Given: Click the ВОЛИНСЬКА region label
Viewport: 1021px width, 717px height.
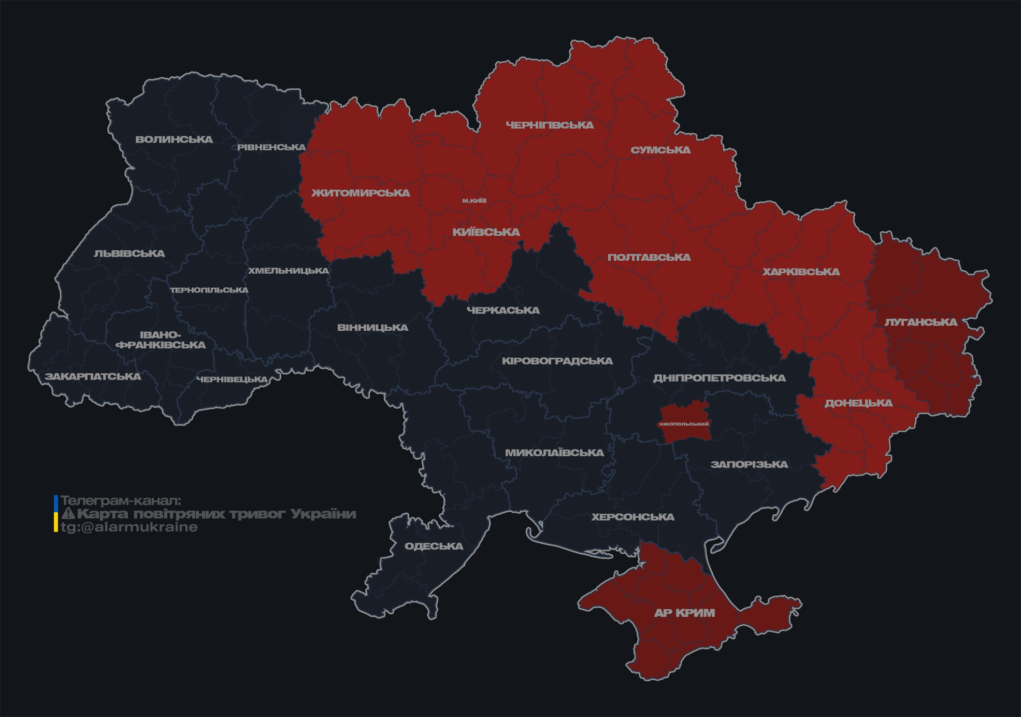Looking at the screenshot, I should pyautogui.click(x=174, y=139).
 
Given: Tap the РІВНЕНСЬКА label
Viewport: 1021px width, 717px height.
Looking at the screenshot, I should pyautogui.click(x=271, y=147).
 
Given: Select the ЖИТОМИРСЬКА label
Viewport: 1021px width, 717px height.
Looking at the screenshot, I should pyautogui.click(x=361, y=193).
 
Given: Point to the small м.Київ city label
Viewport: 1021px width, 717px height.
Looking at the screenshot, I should pyautogui.click(x=474, y=201).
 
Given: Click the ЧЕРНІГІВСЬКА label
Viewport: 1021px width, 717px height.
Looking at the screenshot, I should pyautogui.click(x=550, y=125).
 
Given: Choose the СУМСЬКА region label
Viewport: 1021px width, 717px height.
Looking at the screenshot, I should pyautogui.click(x=660, y=150).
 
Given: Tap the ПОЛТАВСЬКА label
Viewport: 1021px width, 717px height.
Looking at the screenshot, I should pyautogui.click(x=649, y=257).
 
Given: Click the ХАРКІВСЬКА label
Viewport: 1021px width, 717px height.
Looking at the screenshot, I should pyautogui.click(x=801, y=272).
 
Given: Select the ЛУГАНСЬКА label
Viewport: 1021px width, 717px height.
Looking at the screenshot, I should pyautogui.click(x=921, y=322).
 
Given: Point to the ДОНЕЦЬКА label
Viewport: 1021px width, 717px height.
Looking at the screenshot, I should pyautogui.click(x=858, y=403).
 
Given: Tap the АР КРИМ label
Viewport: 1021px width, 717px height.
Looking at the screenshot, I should pyautogui.click(x=684, y=613).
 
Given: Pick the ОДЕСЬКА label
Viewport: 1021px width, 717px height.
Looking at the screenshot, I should pyautogui.click(x=434, y=546).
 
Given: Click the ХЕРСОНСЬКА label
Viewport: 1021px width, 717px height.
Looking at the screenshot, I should pyautogui.click(x=632, y=517).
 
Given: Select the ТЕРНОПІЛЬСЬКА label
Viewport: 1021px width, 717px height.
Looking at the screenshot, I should pyautogui.click(x=209, y=290).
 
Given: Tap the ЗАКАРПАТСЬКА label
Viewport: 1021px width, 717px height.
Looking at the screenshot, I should pyautogui.click(x=93, y=376).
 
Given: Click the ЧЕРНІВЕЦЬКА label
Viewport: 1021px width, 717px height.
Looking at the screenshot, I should pyautogui.click(x=232, y=379).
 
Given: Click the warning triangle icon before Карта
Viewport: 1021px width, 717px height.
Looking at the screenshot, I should pyautogui.click(x=68, y=514).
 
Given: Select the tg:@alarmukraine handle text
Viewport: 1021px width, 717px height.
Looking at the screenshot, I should pyautogui.click(x=129, y=527).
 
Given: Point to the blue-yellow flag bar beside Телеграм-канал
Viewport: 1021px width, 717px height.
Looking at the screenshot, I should pyautogui.click(x=56, y=514).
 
